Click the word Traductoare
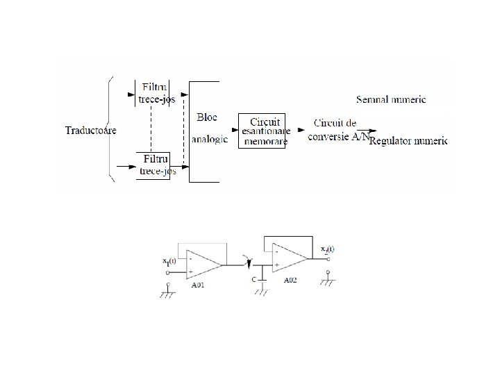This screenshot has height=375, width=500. tap(90, 130)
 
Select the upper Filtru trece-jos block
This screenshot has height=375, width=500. tap(154, 93)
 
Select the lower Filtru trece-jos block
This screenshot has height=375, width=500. tap(154, 166)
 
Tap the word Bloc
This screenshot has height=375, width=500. tap(206, 117)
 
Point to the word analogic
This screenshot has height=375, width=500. tap(209, 139)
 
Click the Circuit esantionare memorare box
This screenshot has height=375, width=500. tap(262, 130)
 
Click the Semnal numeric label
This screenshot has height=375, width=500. tap(390, 99)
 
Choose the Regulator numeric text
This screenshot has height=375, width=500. tap(408, 142)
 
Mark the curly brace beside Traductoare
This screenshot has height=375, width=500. tap(110, 130)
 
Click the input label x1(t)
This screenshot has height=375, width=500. tap(169, 261)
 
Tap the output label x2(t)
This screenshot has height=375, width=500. tap(327, 250)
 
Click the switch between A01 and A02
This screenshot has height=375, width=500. tap(244, 262)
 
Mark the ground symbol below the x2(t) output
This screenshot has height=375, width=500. tap(327, 281)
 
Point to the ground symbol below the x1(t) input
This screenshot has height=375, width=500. tap(168, 292)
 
